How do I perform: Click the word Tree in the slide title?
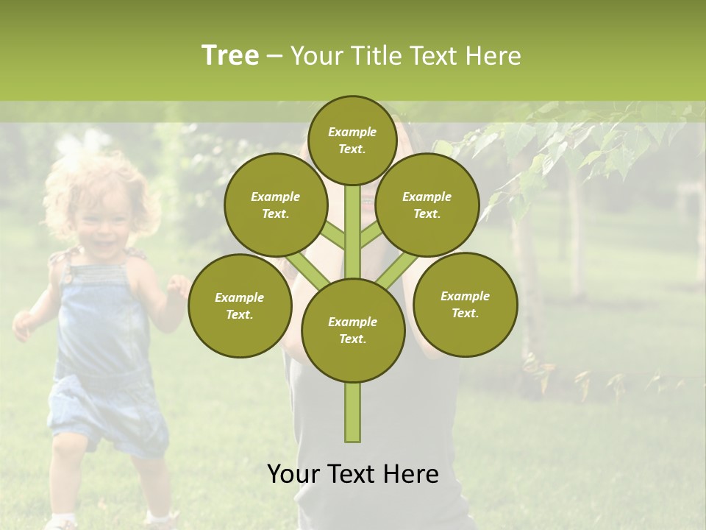[x=230, y=56]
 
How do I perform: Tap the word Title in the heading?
[x=374, y=56]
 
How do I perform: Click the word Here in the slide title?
[x=496, y=56]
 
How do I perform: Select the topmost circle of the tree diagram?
[x=352, y=140]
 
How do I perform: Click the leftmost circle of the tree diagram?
[x=240, y=305]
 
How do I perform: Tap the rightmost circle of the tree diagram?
[x=465, y=304]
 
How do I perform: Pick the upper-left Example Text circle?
[x=276, y=205]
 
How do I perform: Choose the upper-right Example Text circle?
[x=427, y=205]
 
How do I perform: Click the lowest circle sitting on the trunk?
[x=353, y=330]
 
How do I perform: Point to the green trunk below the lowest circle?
[x=353, y=412]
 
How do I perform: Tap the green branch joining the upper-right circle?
[x=371, y=236]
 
